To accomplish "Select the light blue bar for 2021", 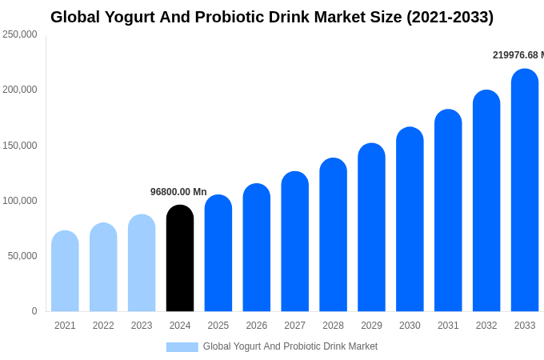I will [65, 271].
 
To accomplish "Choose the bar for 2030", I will [410, 219].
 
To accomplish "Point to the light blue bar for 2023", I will [142, 263].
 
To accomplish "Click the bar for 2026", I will [257, 247].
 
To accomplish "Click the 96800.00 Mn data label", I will [178, 192].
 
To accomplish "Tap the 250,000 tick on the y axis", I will [20, 34].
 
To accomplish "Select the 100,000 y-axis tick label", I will [20, 201].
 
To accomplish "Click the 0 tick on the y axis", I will [34, 311].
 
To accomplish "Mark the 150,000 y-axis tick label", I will [20, 146].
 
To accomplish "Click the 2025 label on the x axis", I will [218, 326].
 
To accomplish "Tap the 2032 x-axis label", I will [486, 326].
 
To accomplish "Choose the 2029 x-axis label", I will [371, 326].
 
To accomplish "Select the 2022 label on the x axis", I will [103, 326].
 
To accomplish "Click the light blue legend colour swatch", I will [182, 347].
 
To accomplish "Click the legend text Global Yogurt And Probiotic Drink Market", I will [290, 346].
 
